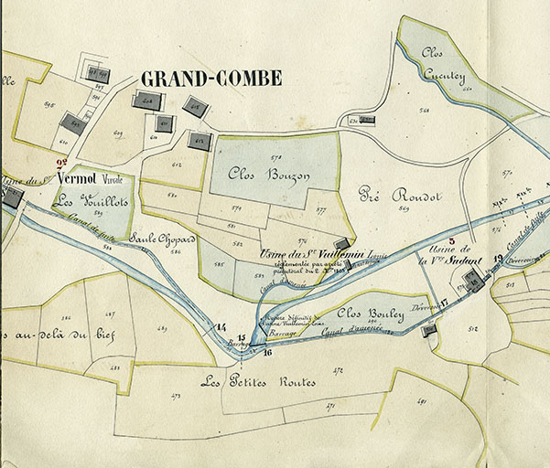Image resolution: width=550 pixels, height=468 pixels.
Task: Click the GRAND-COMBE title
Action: (x=210, y=80)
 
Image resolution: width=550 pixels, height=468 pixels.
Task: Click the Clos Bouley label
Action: (x=373, y=314)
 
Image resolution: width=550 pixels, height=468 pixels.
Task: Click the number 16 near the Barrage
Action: (x=267, y=351)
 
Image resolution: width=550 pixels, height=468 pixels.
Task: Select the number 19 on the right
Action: (x=498, y=259)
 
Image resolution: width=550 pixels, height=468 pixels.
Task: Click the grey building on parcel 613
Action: (x=200, y=141)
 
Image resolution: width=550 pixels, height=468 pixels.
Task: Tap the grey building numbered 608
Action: (x=147, y=101)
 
